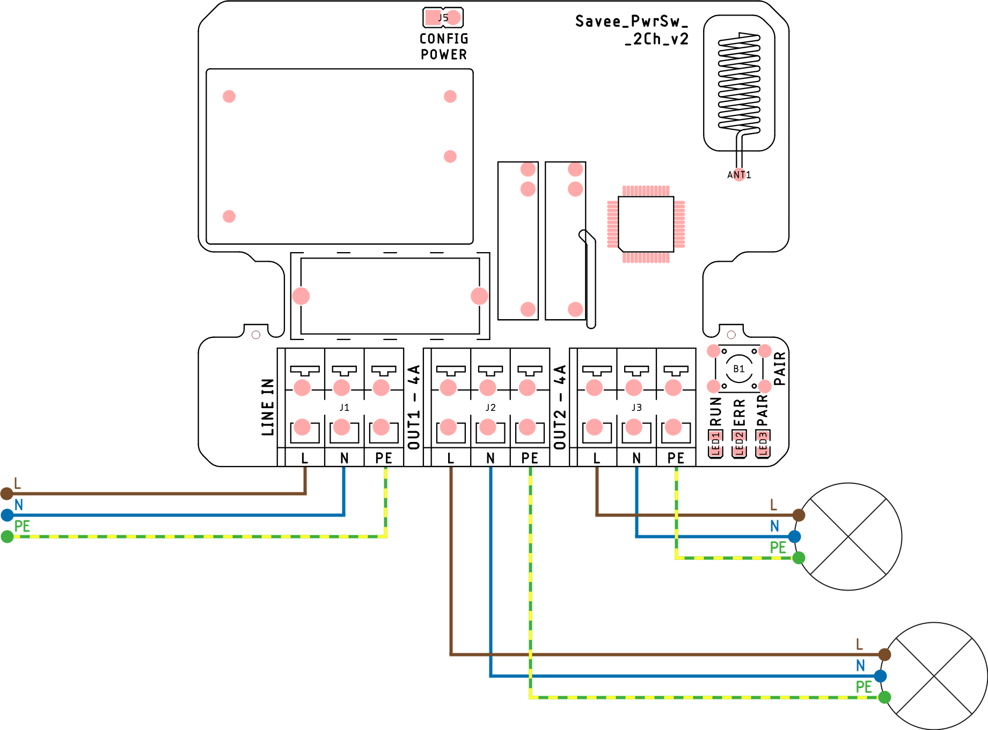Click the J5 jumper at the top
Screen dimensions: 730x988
[x=443, y=18]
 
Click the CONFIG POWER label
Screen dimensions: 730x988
[x=443, y=47]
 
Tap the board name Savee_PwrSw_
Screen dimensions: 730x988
[x=631, y=21]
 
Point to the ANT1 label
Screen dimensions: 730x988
[x=739, y=175]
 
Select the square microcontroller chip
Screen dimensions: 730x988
[x=646, y=224]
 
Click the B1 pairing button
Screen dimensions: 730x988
[x=739, y=368]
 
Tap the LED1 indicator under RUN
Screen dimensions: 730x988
[x=715, y=444]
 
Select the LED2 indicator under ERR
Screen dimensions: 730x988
[x=739, y=444]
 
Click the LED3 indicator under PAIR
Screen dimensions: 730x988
[x=763, y=444]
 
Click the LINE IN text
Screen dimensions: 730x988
[x=268, y=407]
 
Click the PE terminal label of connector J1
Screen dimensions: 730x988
[x=384, y=458]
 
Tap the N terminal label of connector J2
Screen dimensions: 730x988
[x=491, y=458]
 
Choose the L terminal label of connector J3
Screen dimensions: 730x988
[x=597, y=458]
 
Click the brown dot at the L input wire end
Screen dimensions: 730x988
[x=7, y=493]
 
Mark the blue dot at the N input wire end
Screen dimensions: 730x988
[x=7, y=515]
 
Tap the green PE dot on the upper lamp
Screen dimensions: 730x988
[x=799, y=558]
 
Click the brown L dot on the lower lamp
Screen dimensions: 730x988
[x=884, y=654]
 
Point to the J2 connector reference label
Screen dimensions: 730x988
[x=491, y=408]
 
